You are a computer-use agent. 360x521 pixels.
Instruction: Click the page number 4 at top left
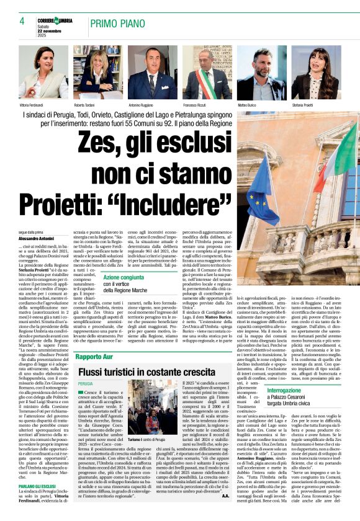point(22,22)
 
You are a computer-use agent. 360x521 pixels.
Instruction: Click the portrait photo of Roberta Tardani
point(97,73)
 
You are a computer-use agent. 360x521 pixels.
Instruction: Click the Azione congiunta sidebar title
point(124,278)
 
